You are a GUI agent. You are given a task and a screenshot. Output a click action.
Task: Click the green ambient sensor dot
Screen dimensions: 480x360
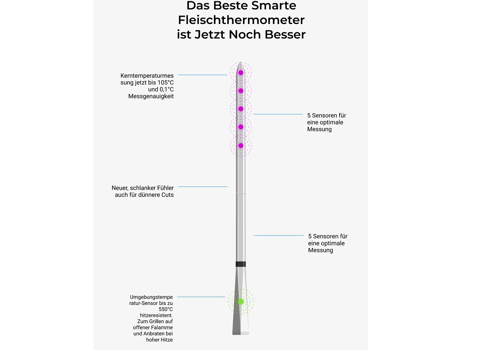(x=241, y=302)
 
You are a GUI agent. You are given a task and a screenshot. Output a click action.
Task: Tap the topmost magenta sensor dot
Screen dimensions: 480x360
(x=241, y=73)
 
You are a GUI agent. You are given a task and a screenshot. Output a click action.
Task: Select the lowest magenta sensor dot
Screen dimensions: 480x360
(x=241, y=146)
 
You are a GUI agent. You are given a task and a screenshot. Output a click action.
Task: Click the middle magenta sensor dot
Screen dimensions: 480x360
(x=241, y=109)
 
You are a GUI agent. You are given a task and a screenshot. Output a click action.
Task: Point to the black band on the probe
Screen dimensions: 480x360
(x=240, y=264)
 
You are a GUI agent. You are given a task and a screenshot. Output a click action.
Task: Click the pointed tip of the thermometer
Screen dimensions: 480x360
(x=240, y=62)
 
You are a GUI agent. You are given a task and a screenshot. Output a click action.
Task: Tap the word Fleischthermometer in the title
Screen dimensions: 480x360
(x=241, y=20)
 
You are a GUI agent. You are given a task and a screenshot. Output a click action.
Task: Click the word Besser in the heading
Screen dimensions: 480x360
(x=285, y=34)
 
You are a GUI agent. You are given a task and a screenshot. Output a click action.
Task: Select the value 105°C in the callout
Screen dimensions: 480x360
(x=166, y=83)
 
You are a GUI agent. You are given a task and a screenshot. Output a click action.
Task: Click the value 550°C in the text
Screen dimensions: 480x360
(x=166, y=309)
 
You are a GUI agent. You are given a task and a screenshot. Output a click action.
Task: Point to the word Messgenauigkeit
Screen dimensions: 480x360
(x=151, y=96)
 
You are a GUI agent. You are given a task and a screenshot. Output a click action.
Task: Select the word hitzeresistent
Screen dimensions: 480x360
(x=156, y=316)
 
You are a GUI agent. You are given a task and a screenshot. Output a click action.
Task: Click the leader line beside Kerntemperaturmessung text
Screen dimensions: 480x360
(x=203, y=75)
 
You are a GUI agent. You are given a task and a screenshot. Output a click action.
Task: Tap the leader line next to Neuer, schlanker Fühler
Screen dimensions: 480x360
(x=203, y=187)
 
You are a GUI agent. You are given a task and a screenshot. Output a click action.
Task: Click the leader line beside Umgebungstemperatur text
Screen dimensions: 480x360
(x=201, y=297)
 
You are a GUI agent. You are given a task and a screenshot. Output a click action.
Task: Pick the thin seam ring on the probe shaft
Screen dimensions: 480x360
(x=240, y=194)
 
